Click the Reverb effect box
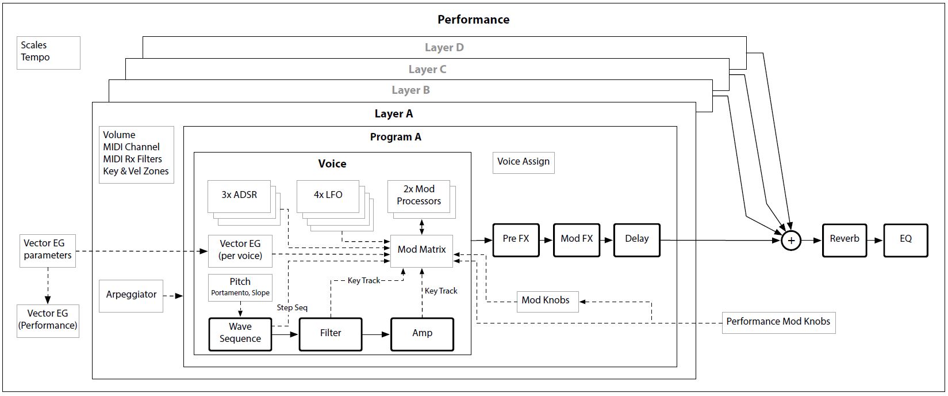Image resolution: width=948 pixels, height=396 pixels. pyautogui.click(x=844, y=240)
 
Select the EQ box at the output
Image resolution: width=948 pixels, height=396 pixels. pyautogui.click(x=905, y=240)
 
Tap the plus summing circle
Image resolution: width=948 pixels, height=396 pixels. pyautogui.click(x=791, y=241)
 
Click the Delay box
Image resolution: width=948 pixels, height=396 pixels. pyautogui.click(x=636, y=240)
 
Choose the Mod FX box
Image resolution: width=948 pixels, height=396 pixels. pyautogui.click(x=576, y=240)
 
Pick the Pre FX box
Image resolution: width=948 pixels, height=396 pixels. pyautogui.click(x=516, y=240)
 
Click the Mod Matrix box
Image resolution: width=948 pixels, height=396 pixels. pyautogui.click(x=421, y=250)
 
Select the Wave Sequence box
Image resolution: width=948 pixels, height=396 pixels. pyautogui.click(x=240, y=333)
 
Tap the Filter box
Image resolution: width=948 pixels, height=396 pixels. pyautogui.click(x=331, y=333)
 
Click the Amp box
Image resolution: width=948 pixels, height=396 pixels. pyautogui.click(x=422, y=333)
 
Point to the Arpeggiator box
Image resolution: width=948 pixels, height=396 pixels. pyautogui.click(x=131, y=295)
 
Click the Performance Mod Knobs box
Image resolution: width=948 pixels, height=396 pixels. pyautogui.click(x=778, y=322)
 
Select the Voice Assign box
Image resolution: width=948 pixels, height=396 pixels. pyautogui.click(x=523, y=162)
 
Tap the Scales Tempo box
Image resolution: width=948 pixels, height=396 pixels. pyautogui.click(x=48, y=52)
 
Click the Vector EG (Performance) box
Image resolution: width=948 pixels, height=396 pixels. pyautogui.click(x=48, y=320)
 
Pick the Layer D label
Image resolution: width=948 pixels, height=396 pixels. pyautogui.click(x=444, y=48)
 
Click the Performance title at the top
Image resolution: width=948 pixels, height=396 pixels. pyautogui.click(x=473, y=20)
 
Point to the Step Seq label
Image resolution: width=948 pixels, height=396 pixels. pyautogui.click(x=292, y=308)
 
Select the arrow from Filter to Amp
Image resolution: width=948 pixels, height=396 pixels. pyautogui.click(x=376, y=333)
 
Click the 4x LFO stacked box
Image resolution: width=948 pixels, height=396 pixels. pyautogui.click(x=328, y=196)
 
